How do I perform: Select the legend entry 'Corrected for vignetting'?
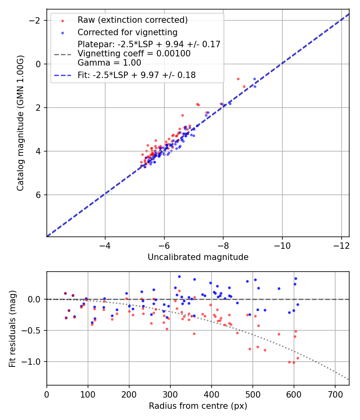tap(127, 32)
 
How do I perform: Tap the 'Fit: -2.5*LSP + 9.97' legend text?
tap(136, 75)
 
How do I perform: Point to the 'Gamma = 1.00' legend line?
tap(109, 63)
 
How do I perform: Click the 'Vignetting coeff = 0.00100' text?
tap(134, 54)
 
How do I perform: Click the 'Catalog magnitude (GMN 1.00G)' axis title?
tap(20, 123)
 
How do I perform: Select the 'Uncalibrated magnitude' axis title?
tap(198, 257)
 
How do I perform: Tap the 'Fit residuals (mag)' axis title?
tap(12, 328)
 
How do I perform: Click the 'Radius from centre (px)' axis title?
tap(198, 406)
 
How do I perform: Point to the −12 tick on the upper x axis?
tap(342, 244)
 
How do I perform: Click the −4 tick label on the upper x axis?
tap(105, 244)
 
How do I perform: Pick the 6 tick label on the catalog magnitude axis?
tap(38, 195)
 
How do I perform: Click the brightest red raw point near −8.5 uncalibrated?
tap(238, 79)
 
